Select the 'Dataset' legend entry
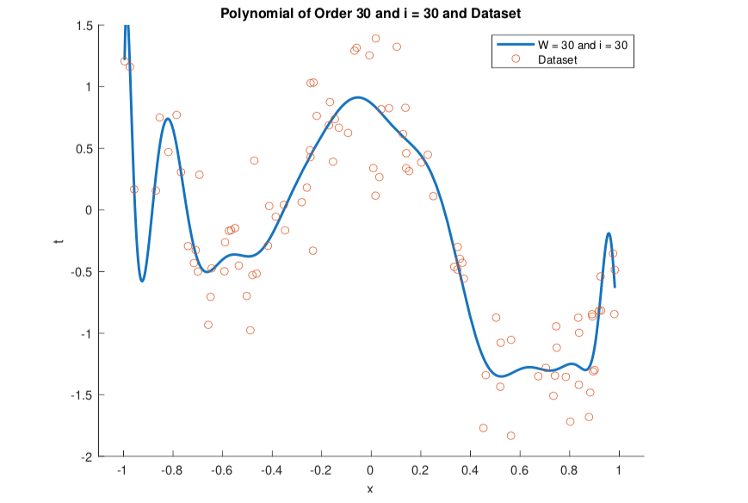click(557, 59)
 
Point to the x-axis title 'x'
click(370, 489)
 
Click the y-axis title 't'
click(59, 241)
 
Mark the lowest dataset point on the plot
click(510, 436)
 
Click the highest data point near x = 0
click(375, 38)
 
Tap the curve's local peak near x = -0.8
click(168, 119)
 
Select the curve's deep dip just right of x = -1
click(142, 281)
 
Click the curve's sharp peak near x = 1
click(609, 233)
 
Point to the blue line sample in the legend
click(511, 45)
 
